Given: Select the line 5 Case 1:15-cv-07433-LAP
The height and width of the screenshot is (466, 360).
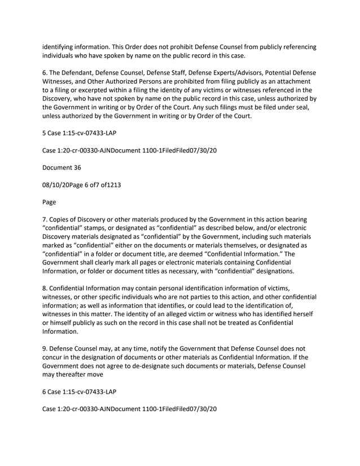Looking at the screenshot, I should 79,134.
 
